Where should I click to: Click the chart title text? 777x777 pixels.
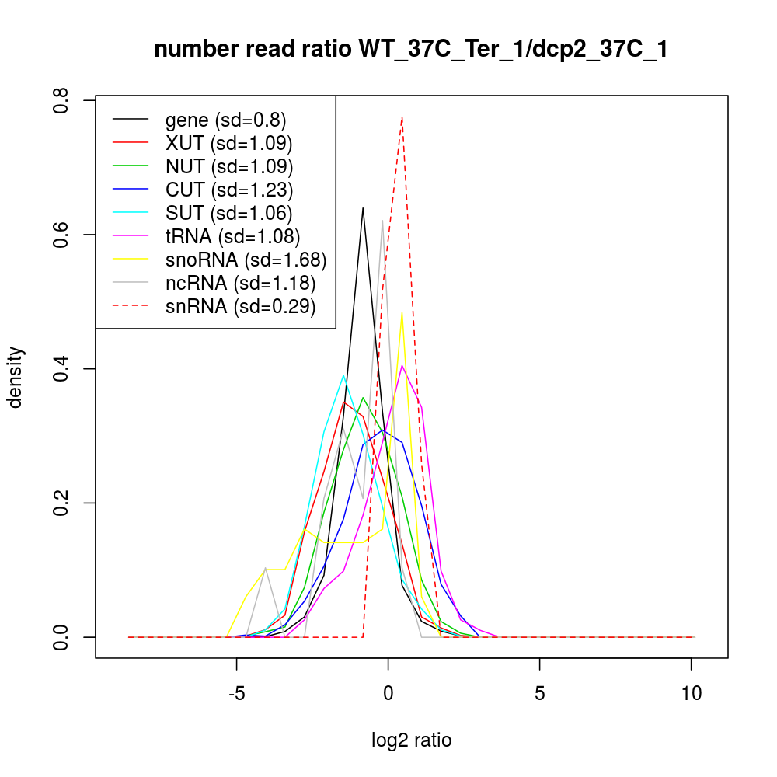411,50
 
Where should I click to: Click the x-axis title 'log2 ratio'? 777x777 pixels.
412,740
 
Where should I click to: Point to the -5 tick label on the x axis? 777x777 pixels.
236,694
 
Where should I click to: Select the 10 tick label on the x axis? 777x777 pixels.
691,694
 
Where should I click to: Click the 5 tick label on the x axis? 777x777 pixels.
539,694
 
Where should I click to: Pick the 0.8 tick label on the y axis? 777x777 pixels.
61,101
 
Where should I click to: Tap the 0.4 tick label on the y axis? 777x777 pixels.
61,369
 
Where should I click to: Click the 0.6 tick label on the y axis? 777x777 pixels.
61,235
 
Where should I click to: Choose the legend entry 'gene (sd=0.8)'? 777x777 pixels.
225,120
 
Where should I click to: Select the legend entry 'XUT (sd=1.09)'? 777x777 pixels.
228,143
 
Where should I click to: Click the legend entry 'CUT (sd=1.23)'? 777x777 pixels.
228,190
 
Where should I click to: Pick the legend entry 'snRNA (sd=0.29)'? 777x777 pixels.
240,306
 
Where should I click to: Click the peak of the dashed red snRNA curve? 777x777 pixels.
402,117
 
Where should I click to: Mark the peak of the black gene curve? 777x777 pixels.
363,208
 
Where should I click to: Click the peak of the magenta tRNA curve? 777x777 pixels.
402,365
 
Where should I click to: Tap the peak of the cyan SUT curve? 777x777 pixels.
343,375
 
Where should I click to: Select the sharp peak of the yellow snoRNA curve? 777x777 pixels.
402,313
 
